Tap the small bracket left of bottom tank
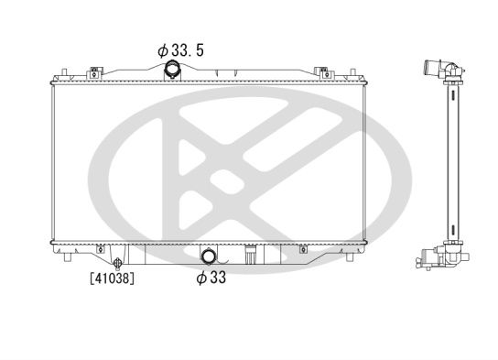(x=99, y=248)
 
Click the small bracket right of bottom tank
(x=303, y=248)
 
